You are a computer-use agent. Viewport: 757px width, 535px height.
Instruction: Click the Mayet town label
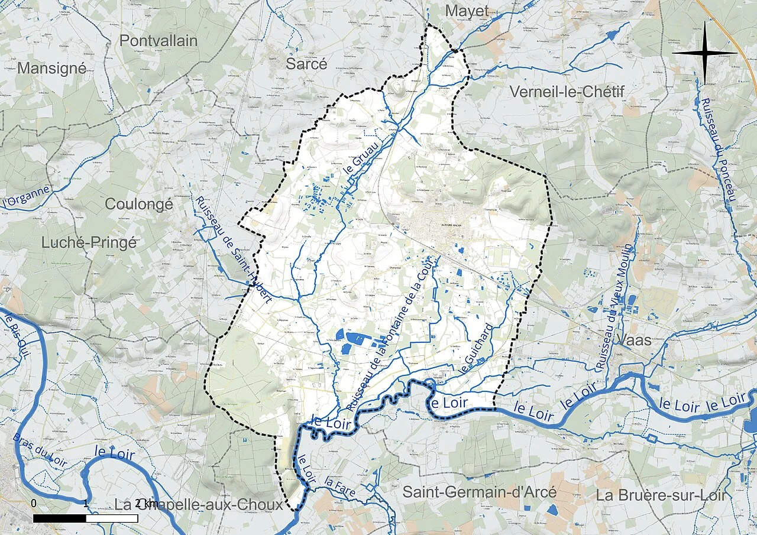(467, 11)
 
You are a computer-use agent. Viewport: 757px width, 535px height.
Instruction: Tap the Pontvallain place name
(158, 40)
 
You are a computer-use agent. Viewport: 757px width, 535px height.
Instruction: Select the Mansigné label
(51, 68)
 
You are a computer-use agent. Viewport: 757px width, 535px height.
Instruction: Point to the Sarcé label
(306, 64)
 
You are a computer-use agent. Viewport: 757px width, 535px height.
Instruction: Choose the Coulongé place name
(139, 204)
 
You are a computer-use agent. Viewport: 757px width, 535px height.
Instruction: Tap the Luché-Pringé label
(89, 242)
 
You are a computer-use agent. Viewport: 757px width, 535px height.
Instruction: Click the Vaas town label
(633, 341)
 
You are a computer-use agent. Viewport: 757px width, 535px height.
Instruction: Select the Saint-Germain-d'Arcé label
(480, 492)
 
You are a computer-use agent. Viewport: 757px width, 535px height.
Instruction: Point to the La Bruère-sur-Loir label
(661, 495)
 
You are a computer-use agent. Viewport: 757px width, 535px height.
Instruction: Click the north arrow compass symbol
(704, 53)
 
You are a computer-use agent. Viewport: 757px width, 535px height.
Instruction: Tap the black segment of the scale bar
(59, 518)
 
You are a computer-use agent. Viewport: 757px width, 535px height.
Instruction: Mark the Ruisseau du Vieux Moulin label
(615, 307)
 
